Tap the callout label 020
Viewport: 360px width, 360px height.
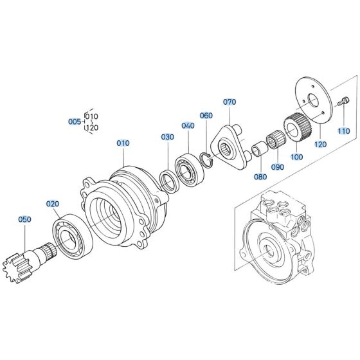52,204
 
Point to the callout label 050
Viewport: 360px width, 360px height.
24,219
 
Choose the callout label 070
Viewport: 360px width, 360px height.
230,102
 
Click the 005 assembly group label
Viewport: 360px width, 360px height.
75,121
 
